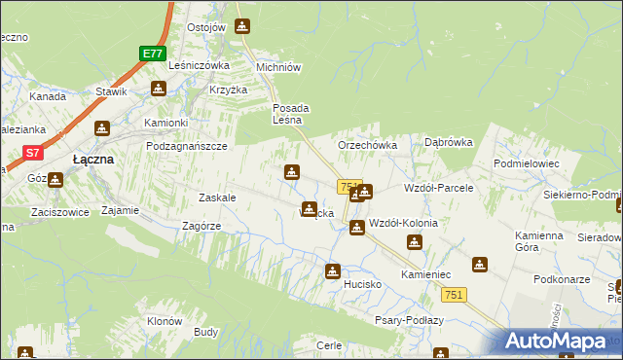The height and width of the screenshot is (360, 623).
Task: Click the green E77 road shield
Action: (x=153, y=54)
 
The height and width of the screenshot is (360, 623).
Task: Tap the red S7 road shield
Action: (x=33, y=152)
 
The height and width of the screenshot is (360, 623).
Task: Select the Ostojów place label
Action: (x=205, y=26)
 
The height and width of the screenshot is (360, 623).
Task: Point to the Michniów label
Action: (x=277, y=67)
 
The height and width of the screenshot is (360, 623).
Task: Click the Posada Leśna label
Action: (x=290, y=114)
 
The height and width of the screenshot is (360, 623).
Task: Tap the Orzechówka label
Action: (x=367, y=145)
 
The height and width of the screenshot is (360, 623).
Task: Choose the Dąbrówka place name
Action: (x=449, y=142)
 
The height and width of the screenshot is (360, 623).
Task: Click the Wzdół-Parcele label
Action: (x=438, y=187)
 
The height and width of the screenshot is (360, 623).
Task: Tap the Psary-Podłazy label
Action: (x=409, y=320)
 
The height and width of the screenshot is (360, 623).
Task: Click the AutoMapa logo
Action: (x=558, y=341)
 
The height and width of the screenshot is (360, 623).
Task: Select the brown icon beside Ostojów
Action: (x=241, y=26)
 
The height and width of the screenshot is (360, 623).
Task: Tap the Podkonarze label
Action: (x=562, y=279)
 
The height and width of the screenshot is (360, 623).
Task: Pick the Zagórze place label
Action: (x=202, y=226)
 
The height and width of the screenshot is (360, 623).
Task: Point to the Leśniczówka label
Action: (x=199, y=65)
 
